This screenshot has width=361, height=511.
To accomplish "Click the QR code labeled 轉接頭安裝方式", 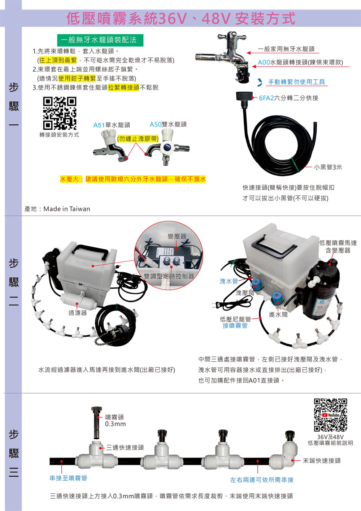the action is [60, 113].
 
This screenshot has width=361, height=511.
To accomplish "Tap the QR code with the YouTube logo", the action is [330, 415].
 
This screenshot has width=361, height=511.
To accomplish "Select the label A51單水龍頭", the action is [112, 125].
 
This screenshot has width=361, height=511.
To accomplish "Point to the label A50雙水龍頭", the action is [168, 124].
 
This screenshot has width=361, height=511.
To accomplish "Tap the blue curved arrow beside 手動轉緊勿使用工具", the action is [260, 83].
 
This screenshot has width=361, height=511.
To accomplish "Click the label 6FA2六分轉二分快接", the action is [288, 98].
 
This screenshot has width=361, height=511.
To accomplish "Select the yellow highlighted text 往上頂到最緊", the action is [58, 60].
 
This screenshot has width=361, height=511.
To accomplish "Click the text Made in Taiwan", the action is [67, 209].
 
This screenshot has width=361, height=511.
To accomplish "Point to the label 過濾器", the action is [78, 313].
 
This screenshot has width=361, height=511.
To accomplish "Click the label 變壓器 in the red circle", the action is [177, 236].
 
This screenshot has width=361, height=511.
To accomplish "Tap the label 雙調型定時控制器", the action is [169, 276].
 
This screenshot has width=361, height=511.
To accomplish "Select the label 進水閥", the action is [278, 315].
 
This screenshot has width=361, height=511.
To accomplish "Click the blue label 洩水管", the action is [229, 281].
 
